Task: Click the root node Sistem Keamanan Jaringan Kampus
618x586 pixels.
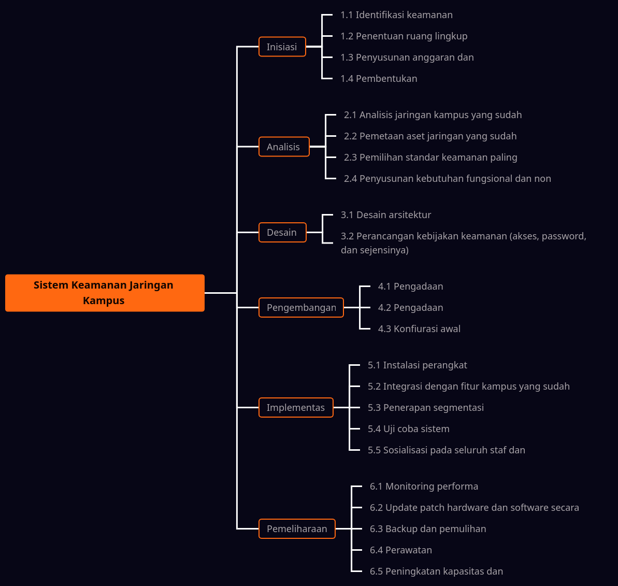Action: [x=105, y=293]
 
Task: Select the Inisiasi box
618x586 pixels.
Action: [x=282, y=47]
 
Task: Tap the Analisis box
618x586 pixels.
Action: [x=283, y=147]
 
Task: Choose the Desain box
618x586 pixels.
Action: [x=282, y=233]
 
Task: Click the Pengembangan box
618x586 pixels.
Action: [x=301, y=308]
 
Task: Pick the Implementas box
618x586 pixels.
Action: [x=295, y=408]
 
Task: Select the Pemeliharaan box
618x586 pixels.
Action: [x=297, y=529]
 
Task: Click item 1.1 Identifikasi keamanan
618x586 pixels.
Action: [x=396, y=15]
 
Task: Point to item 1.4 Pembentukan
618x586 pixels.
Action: [x=379, y=79]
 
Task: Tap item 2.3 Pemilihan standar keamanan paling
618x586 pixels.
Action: [x=430, y=158]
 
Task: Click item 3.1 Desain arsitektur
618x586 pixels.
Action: [x=386, y=215]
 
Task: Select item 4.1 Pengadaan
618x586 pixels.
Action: [x=410, y=287]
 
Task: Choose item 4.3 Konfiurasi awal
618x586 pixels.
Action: [x=419, y=329]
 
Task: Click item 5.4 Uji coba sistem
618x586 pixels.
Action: [x=408, y=429]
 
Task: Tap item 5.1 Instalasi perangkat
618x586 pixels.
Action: [x=417, y=365]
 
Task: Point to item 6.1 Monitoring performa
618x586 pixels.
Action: [x=424, y=487]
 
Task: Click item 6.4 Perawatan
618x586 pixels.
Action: [x=400, y=550]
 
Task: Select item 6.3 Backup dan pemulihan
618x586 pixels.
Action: [x=428, y=529]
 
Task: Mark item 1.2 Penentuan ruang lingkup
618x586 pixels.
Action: [x=404, y=36]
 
